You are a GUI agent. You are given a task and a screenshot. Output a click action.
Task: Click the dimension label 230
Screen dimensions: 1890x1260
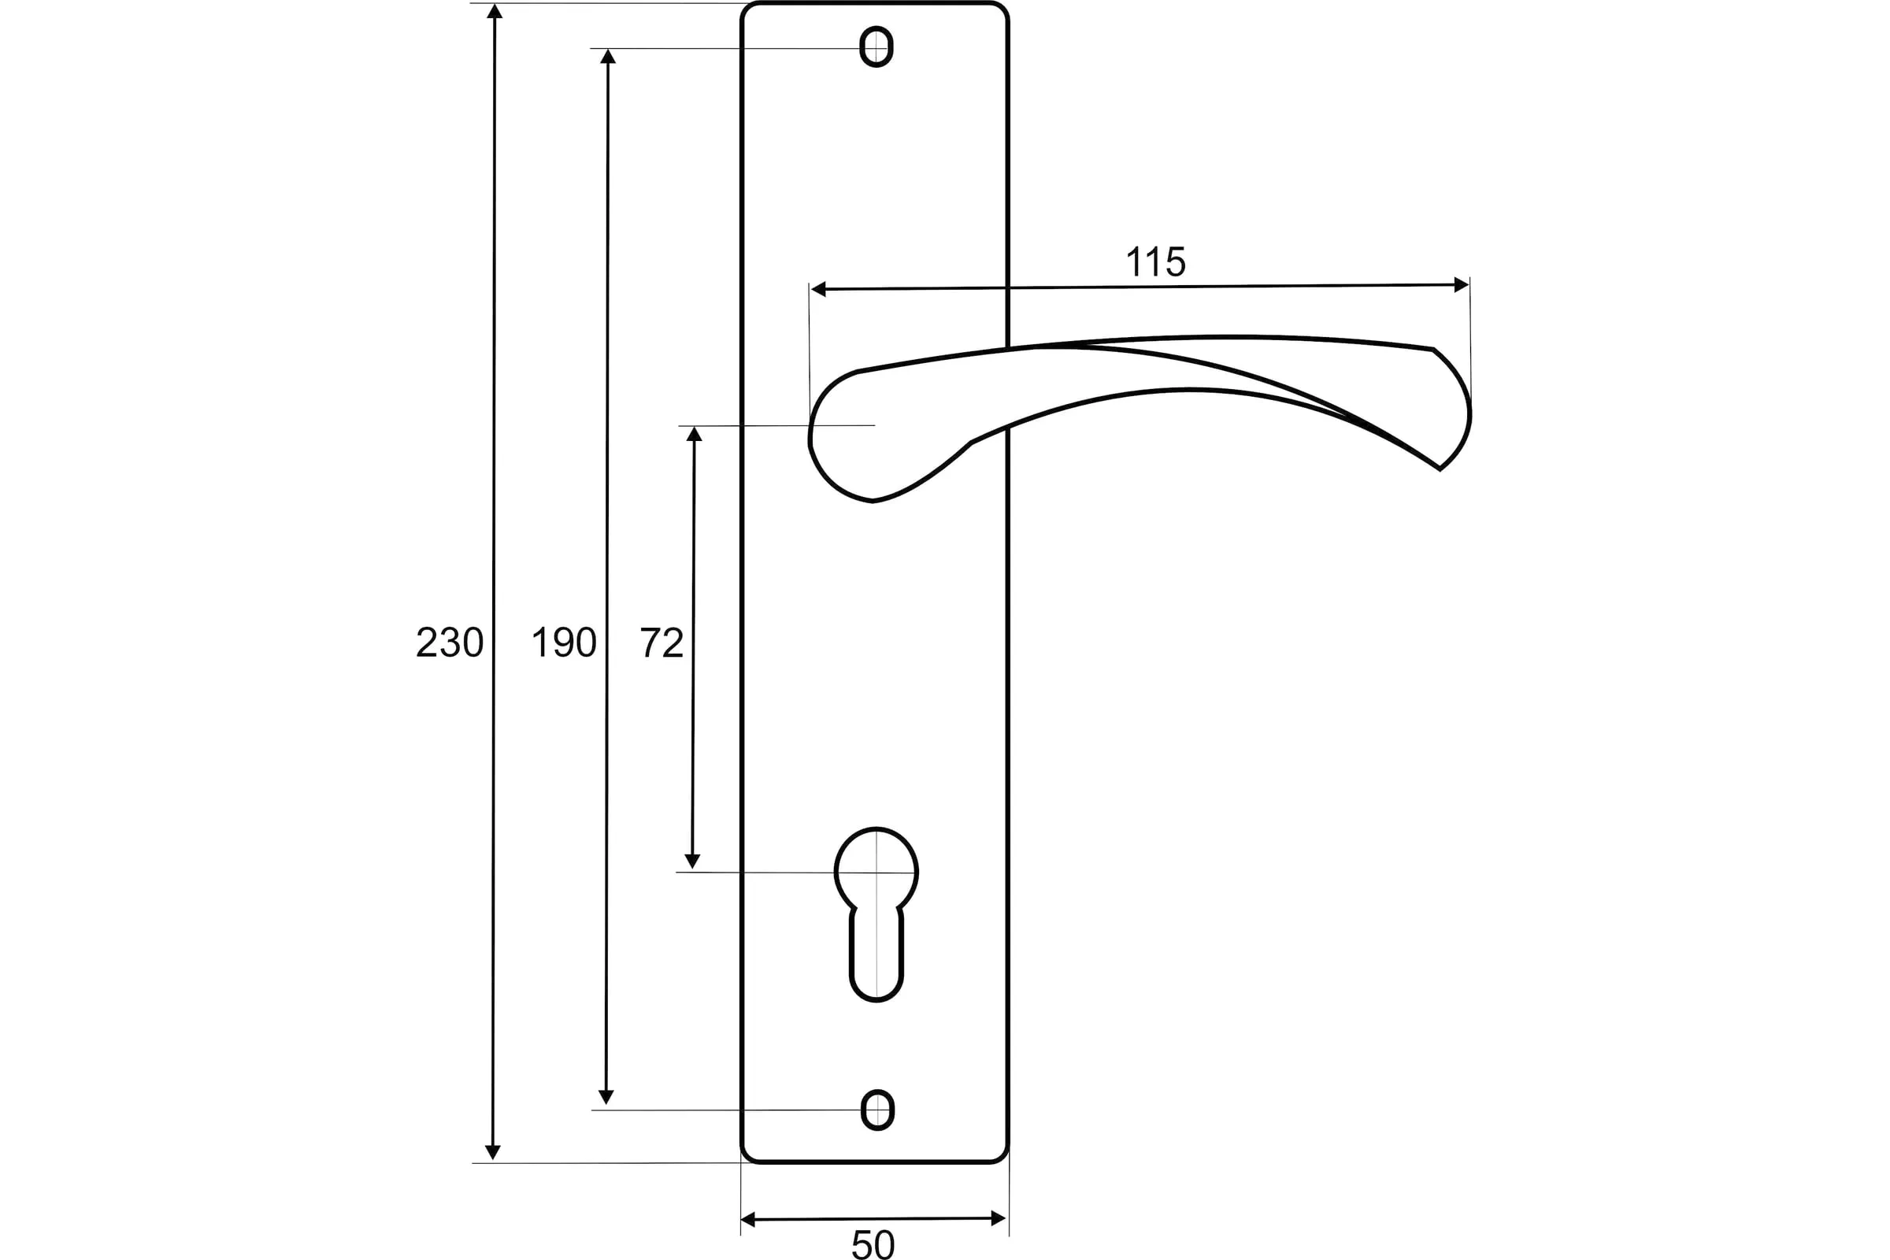[x=450, y=642]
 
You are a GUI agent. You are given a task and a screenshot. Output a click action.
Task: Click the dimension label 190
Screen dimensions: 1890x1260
[x=564, y=642]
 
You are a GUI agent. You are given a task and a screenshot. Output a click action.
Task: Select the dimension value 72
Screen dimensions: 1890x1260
[x=661, y=642]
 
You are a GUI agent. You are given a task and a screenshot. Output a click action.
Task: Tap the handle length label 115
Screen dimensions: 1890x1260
[x=1155, y=261]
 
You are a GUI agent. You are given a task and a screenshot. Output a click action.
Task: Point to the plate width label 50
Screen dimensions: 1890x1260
[x=873, y=1244]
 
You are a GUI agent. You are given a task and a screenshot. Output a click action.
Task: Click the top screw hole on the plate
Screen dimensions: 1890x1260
[x=876, y=46]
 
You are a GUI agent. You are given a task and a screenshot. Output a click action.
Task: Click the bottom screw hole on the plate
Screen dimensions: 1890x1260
[x=876, y=1110]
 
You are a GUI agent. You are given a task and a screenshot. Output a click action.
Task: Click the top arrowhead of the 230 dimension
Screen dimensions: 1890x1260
[x=495, y=11]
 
